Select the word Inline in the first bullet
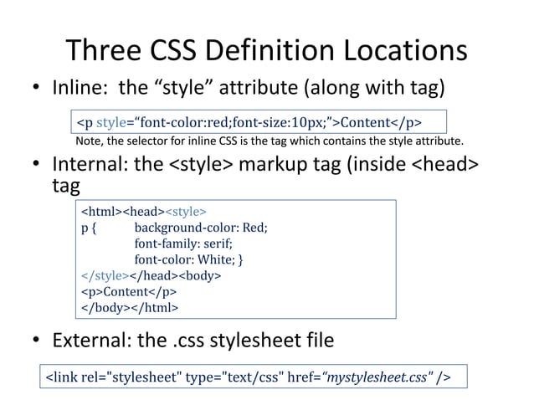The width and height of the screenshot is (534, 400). point(81,88)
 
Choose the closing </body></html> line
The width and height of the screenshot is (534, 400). point(129,307)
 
